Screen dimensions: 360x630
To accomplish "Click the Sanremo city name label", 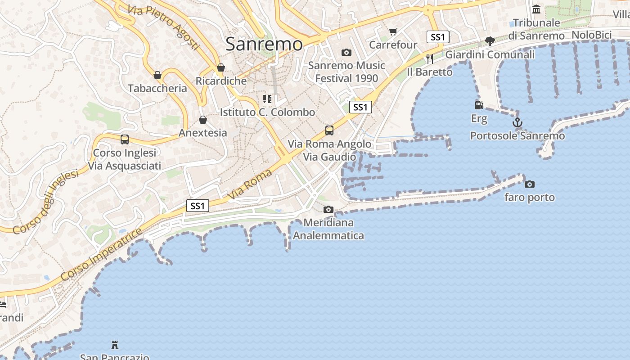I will [x=264, y=44].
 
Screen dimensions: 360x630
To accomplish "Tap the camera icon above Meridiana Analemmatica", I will [x=328, y=209].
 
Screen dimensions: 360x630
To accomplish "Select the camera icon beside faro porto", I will [x=530, y=184].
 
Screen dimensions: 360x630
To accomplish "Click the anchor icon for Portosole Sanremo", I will [x=517, y=122].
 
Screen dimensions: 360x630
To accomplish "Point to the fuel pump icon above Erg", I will [x=479, y=105].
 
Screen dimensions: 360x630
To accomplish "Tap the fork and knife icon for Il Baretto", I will [x=430, y=58].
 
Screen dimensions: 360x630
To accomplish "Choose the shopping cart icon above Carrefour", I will [x=393, y=31].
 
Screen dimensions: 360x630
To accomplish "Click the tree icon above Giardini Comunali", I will [x=490, y=41].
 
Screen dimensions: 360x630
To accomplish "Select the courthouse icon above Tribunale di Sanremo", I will [x=536, y=9].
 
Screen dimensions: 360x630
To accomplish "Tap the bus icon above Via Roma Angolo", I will [x=329, y=130].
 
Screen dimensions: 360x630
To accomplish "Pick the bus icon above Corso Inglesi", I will [x=125, y=139].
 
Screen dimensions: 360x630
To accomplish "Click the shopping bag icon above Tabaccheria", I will [x=157, y=75].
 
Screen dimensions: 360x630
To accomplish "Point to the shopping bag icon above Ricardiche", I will [x=220, y=67].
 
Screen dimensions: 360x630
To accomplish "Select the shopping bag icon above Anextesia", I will [x=203, y=119].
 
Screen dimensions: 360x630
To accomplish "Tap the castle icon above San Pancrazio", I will [x=115, y=345].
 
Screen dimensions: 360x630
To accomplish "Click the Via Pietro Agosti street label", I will [x=163, y=27].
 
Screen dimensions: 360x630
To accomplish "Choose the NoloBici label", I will [x=591, y=35].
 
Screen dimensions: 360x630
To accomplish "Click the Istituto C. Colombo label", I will [x=267, y=112].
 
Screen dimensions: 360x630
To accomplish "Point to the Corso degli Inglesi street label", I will [x=45, y=202].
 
